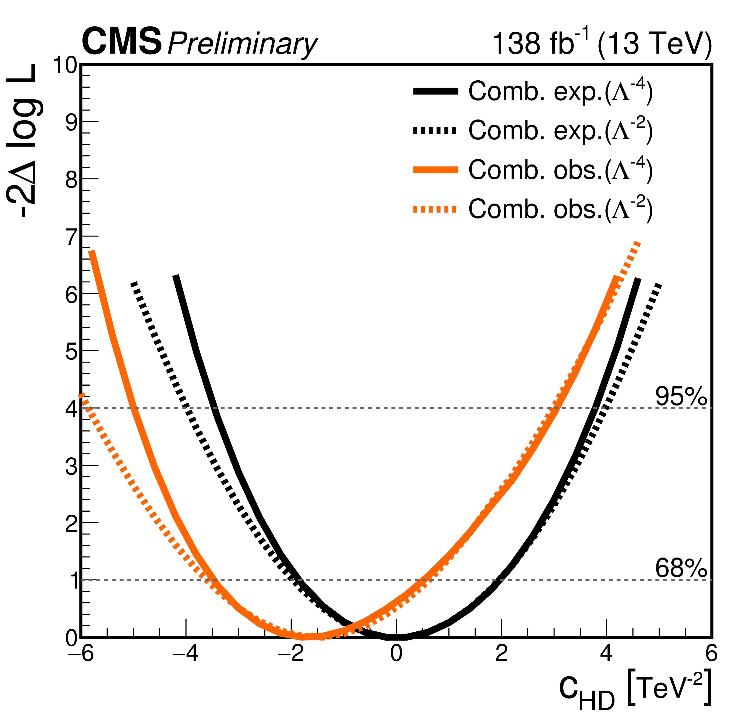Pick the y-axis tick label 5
point(72,352)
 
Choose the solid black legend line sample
point(435,91)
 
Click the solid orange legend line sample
point(435,170)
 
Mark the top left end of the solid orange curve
point(92,251)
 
